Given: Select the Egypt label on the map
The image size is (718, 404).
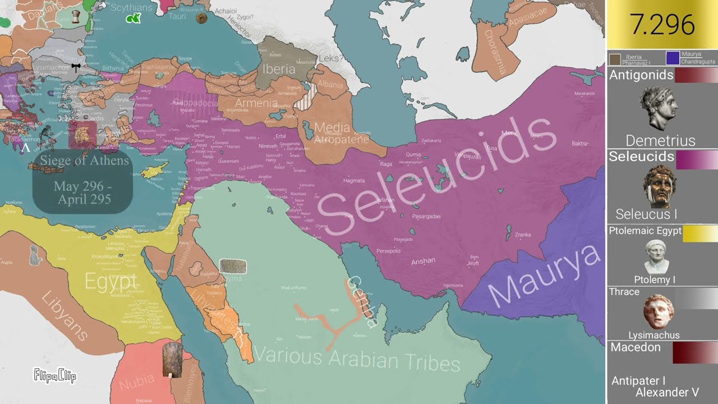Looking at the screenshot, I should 111,281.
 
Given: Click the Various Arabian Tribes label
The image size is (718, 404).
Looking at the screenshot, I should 357,358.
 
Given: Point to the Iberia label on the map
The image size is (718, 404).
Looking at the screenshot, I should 279,69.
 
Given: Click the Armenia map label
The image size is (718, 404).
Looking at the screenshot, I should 256,103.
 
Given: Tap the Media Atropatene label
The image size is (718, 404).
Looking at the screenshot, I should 341,134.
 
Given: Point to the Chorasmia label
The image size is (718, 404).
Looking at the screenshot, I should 495,51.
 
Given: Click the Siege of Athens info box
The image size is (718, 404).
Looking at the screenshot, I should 83,180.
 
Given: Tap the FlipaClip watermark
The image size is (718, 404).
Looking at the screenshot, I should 54,375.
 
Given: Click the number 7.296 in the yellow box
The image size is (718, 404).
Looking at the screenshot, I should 662,24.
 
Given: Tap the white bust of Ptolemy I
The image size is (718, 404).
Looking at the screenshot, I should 655,256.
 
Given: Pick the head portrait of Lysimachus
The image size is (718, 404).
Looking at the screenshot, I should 659,312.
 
